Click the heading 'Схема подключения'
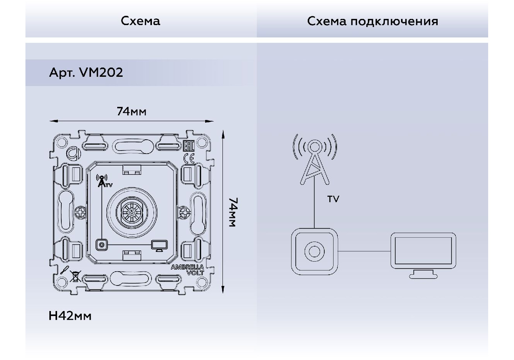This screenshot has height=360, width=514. click(x=372, y=22)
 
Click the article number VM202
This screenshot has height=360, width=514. click(x=101, y=72)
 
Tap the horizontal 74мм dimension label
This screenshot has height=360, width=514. click(x=131, y=112)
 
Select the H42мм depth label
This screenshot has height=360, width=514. click(x=70, y=316)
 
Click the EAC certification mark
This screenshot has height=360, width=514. click(x=189, y=145)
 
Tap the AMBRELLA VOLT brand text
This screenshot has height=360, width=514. click(x=187, y=270)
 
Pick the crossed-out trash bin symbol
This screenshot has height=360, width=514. click(x=75, y=276)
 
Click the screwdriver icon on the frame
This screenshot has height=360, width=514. click(x=64, y=270)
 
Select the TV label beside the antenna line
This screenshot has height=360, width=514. click(x=333, y=199)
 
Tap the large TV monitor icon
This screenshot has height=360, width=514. click(x=423, y=255)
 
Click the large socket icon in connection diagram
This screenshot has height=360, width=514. click(x=314, y=252)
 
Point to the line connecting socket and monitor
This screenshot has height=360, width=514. click(x=364, y=251)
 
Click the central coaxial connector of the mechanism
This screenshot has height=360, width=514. click(x=132, y=213)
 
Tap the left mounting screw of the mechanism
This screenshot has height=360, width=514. click(x=80, y=212)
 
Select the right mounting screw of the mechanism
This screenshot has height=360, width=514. click(x=184, y=212)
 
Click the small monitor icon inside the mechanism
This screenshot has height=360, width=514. click(x=159, y=246)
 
